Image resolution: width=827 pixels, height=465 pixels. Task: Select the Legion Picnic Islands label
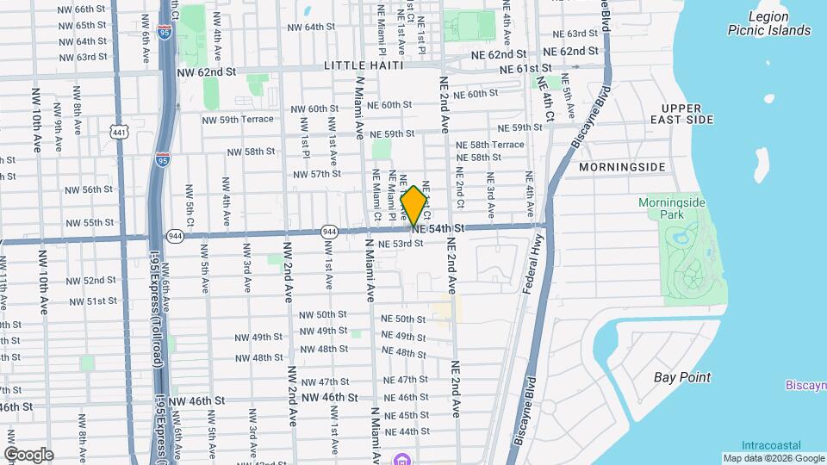[768, 23]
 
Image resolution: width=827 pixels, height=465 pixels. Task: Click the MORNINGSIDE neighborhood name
[622, 165]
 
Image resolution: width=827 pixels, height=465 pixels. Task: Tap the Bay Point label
[682, 377]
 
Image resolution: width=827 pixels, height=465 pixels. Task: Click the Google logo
[28, 455]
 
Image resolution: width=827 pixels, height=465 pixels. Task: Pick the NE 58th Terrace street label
[490, 145]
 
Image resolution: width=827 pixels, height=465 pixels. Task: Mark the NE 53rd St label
[395, 244]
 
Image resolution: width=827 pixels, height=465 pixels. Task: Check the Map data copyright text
[772, 458]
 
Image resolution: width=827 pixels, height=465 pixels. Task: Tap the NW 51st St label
[95, 301]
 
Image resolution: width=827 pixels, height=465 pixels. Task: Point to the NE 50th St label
[403, 319]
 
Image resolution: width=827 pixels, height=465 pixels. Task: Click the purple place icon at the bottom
[401, 458]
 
